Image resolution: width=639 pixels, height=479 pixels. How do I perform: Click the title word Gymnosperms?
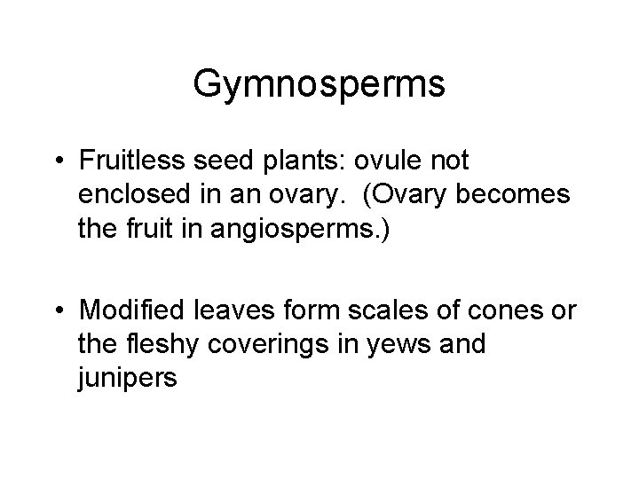[x=319, y=86]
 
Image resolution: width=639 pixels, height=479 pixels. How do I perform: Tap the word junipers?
[x=128, y=375]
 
